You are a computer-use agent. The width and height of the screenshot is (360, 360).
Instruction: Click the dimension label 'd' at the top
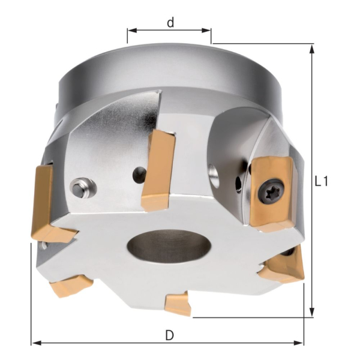pyautogui.click(x=170, y=23)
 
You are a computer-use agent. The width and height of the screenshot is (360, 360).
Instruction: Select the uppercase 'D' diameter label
pyautogui.click(x=169, y=335)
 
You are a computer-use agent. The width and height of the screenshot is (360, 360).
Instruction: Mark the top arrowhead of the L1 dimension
pyautogui.click(x=311, y=49)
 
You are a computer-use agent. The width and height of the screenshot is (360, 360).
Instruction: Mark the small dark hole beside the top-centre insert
pyautogui.click(x=139, y=175)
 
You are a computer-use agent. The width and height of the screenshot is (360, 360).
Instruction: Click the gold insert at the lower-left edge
pyautogui.click(x=71, y=284)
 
